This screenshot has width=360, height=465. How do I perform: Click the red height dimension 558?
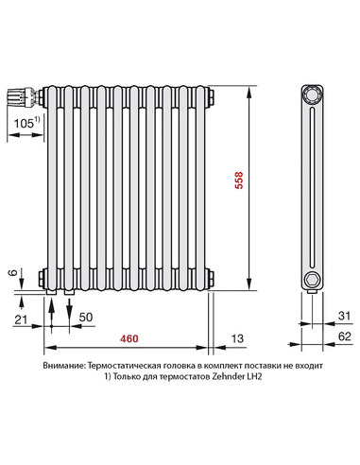coord(266,181)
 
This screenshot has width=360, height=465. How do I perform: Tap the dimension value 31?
coord(343,315)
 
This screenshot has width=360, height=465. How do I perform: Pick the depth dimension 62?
coord(343,335)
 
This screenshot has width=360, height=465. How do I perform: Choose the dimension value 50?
coord(84,315)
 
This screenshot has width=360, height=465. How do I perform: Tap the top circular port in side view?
coord(311,96)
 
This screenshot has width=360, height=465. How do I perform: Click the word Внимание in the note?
coord(63,364)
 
